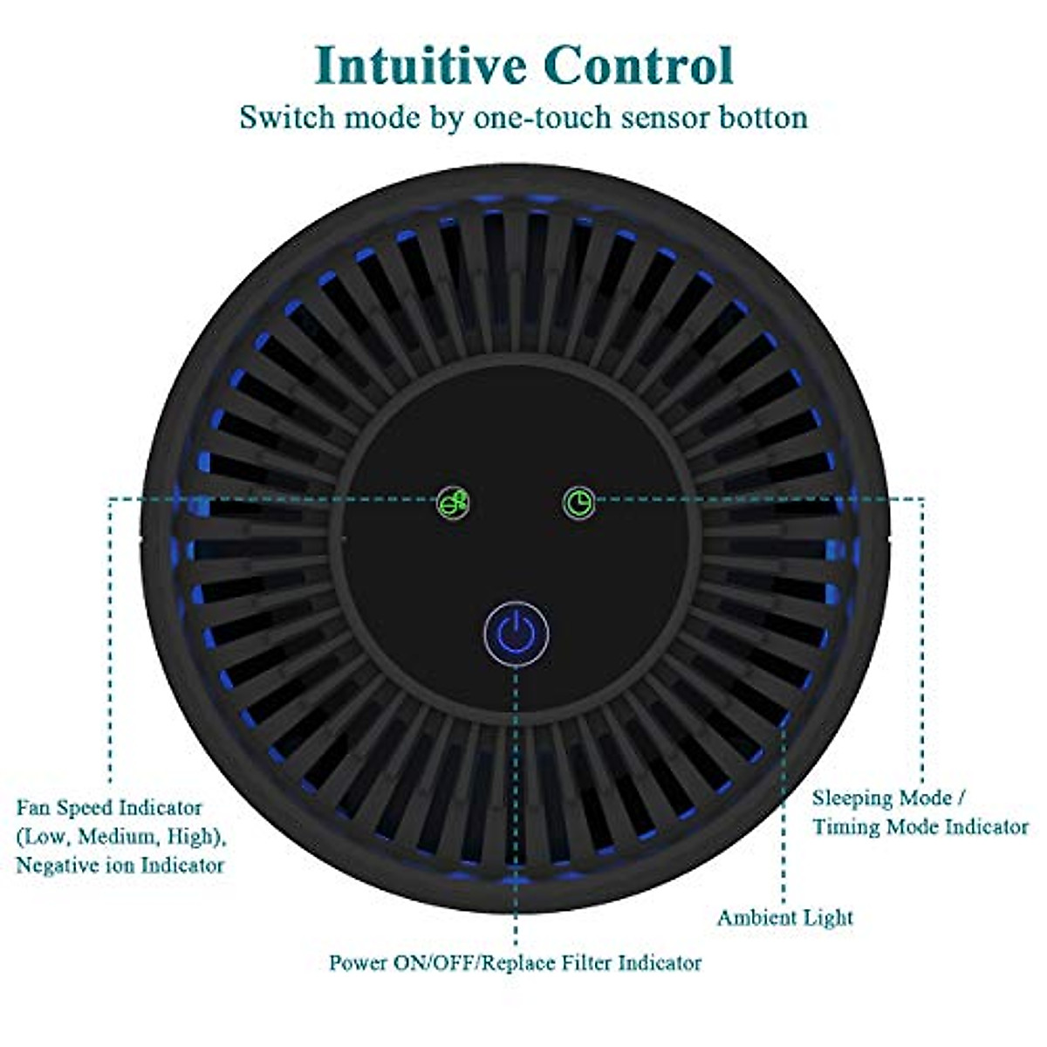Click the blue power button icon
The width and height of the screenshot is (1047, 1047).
click(x=517, y=630)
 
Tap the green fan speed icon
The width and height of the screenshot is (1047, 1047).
click(x=454, y=503)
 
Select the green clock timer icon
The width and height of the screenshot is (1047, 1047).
click(x=578, y=503)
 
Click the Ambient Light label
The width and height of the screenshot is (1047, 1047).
click(x=784, y=918)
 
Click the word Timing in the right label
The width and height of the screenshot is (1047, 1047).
click(x=847, y=827)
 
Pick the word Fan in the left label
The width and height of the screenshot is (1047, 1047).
click(x=33, y=808)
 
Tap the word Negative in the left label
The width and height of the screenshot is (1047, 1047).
click(x=55, y=866)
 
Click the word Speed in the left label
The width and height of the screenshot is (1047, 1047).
click(x=85, y=808)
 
